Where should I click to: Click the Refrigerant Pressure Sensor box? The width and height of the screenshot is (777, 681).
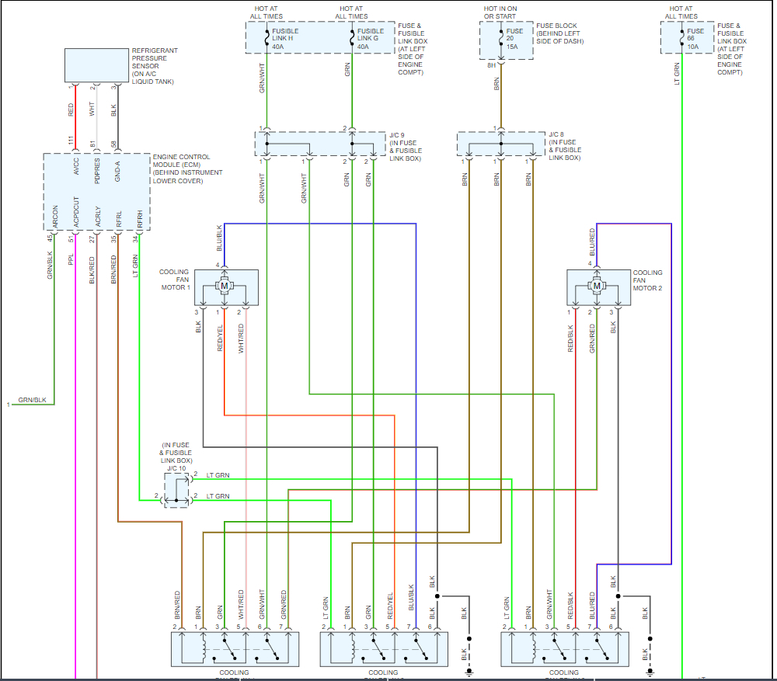point(96,65)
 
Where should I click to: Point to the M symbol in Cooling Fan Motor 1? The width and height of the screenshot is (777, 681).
point(225,287)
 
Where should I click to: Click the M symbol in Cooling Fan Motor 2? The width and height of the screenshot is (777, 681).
point(597,287)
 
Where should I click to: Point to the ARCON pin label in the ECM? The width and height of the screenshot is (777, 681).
point(54,217)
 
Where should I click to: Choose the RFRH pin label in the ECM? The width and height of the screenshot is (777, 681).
point(140,218)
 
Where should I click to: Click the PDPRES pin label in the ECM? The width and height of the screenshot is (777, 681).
point(97,172)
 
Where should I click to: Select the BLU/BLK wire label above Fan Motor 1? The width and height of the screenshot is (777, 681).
point(220,238)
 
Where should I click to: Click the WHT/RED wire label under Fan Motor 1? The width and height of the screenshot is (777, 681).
point(241,338)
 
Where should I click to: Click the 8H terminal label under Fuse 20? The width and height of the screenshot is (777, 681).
point(491,66)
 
